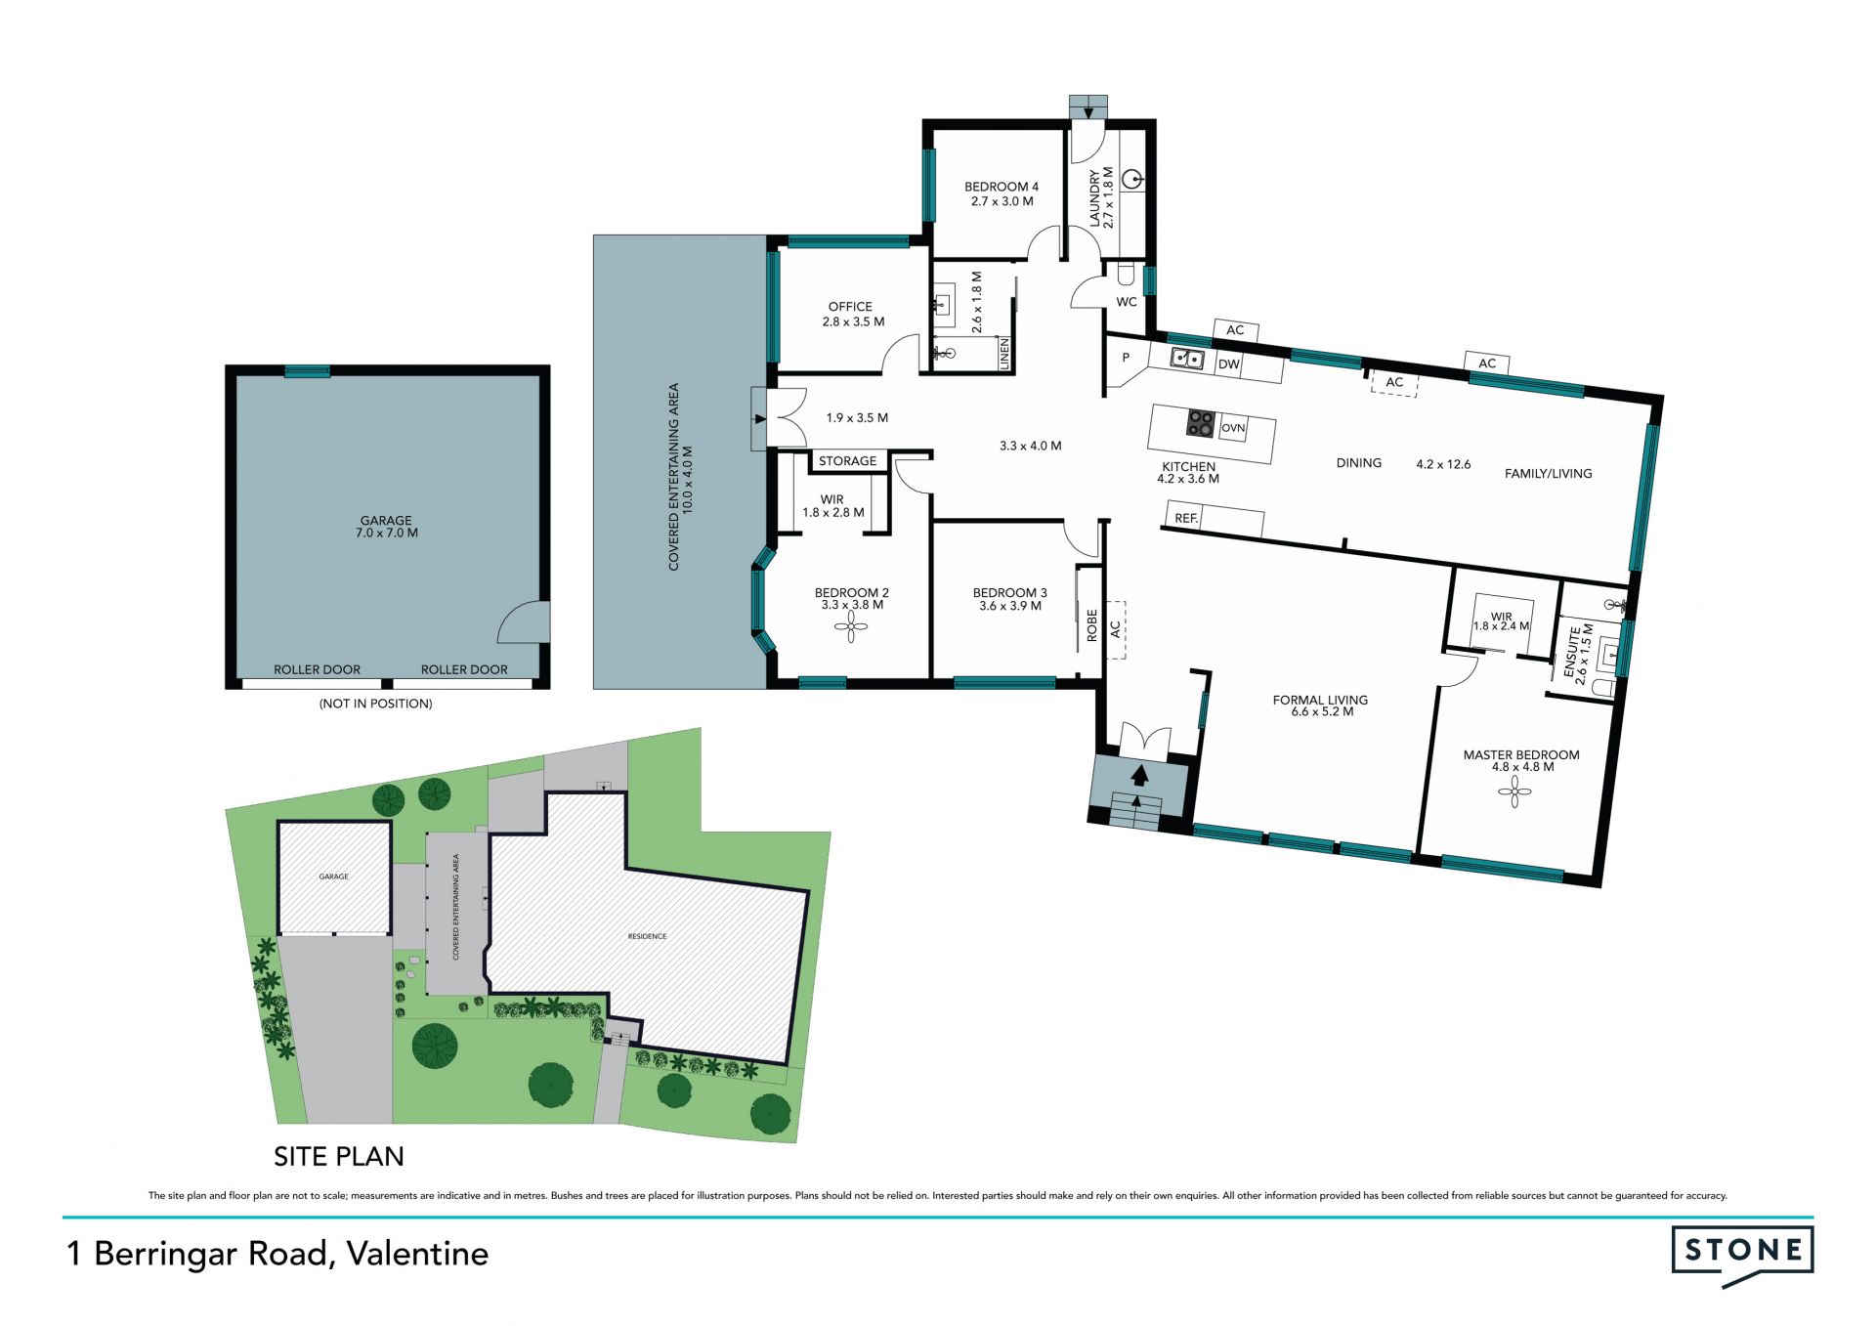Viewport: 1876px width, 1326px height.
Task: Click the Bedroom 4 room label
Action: pos(1001,187)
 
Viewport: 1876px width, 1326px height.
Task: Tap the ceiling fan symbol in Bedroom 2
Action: pos(851,626)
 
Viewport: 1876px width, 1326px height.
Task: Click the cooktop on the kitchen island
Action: pos(1200,423)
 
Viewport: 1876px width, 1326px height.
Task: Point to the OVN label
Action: pos(1233,428)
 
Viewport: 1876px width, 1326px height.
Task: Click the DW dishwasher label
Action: pos(1229,364)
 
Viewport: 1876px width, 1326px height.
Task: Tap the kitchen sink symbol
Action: pos(1187,359)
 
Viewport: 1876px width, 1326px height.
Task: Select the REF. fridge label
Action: pos(1186,518)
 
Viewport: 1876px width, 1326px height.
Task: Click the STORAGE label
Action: pos(847,461)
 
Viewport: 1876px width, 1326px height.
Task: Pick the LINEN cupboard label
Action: pos(1004,354)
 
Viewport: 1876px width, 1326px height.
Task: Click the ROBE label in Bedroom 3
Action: pos(1092,625)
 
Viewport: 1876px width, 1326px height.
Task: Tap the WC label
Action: pos(1127,302)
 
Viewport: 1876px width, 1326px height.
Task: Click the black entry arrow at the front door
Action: pos(1139,775)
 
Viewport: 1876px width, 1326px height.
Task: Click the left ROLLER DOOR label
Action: pos(317,669)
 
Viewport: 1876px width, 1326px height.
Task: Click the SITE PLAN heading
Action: pos(339,1156)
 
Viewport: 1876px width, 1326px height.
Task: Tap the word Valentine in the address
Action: pos(417,1254)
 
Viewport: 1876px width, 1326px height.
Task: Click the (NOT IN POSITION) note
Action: pos(375,704)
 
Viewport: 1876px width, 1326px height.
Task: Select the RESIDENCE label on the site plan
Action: pos(647,936)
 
